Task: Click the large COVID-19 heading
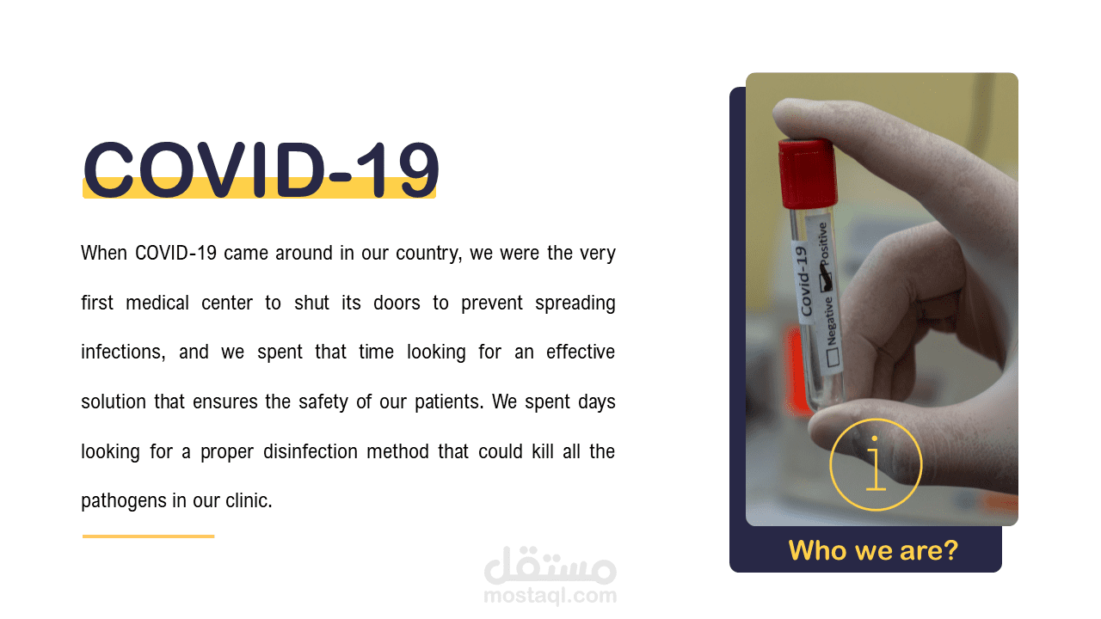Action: [261, 169]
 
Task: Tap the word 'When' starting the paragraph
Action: [104, 253]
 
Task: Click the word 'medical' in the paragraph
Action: [157, 303]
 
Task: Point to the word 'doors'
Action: [397, 303]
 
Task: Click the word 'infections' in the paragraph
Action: [123, 352]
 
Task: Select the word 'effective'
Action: [581, 352]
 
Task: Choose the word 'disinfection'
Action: [311, 451]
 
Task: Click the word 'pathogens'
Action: [125, 501]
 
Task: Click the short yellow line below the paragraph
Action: [149, 536]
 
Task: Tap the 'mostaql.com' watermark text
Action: [550, 596]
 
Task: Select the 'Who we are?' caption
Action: [873, 550]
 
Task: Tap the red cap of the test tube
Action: [808, 173]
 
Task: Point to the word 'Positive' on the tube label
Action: [822, 244]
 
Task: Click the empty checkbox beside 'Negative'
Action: [833, 358]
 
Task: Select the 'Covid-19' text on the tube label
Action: [803, 281]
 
